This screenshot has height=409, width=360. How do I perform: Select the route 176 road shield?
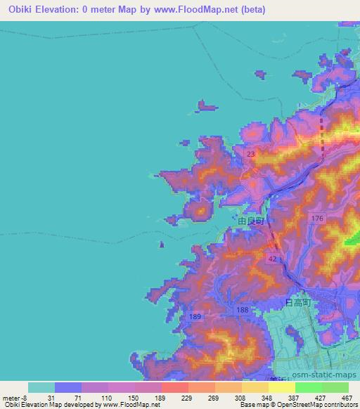317,219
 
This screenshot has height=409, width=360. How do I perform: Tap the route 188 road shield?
243,311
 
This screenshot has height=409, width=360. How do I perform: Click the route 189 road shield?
195,317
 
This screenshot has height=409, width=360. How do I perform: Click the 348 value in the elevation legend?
247,398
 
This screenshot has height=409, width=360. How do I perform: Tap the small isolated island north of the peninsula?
206,106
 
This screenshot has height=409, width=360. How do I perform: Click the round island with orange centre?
200,209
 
